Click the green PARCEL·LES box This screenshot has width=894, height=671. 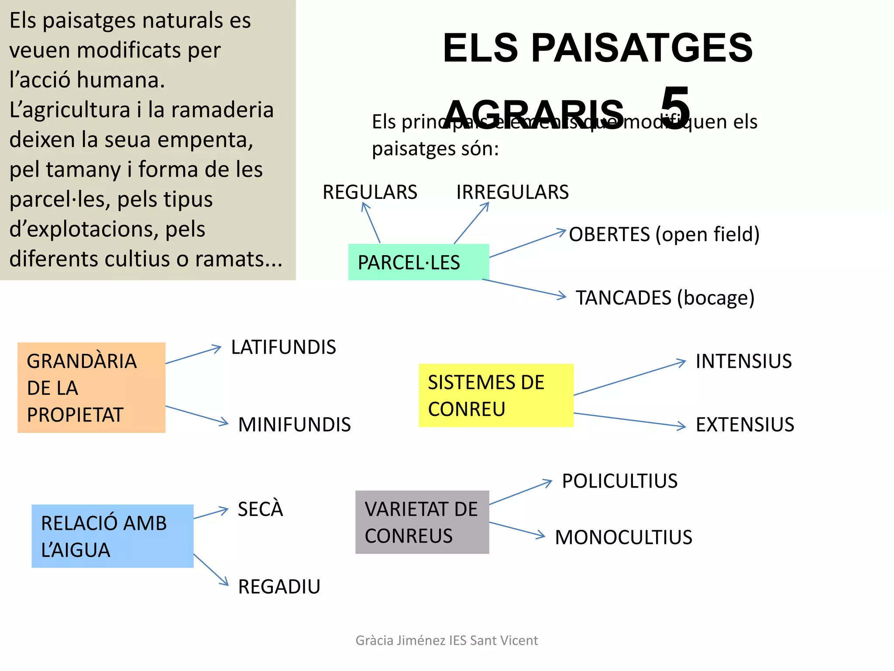tap(418, 262)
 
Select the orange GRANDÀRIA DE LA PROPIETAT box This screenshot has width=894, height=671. tap(91, 387)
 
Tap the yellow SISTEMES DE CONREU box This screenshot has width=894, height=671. tap(496, 395)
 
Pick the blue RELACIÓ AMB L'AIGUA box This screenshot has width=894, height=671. tap(112, 536)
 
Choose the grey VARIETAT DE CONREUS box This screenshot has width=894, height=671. tap(422, 522)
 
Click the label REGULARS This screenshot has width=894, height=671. tap(370, 192)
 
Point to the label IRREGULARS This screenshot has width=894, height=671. tap(512, 192)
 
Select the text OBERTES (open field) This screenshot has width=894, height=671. tap(664, 235)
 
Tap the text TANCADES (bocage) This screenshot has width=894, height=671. tap(665, 298)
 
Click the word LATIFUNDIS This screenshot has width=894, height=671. tap(283, 347)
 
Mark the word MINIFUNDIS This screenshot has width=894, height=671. tap(294, 425)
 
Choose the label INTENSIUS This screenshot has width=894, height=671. tap(743, 361)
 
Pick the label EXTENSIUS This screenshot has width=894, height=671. tap(745, 425)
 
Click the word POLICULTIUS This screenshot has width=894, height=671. tap(619, 481)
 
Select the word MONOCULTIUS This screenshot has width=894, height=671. tap(623, 537)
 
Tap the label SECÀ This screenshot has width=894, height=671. tap(260, 509)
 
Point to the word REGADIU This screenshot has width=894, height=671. tap(279, 587)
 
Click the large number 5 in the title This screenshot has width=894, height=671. tap(675, 107)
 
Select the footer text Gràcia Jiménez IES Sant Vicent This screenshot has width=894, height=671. tap(447, 640)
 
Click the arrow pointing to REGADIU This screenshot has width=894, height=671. tap(211, 570)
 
